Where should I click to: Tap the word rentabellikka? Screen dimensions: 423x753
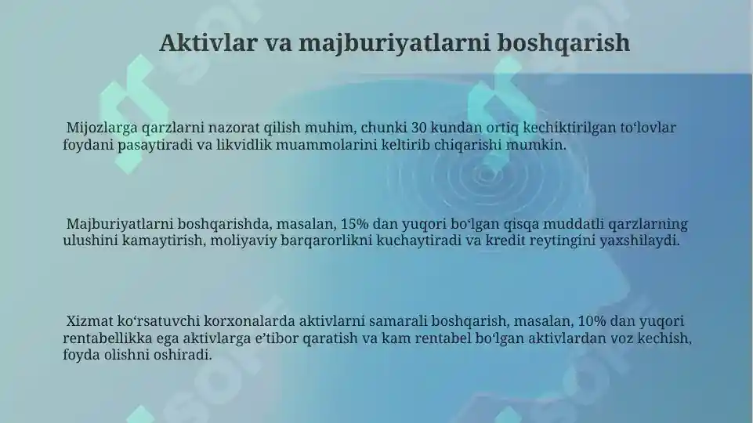point(106,338)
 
